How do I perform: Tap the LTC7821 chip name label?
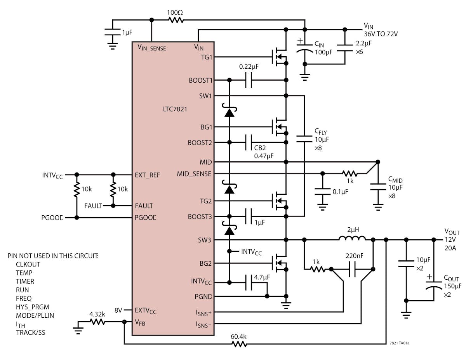[x=175, y=109]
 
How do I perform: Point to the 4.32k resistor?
[x=97, y=322]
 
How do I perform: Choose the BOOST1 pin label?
[x=200, y=80]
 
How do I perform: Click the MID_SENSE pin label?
[x=194, y=174]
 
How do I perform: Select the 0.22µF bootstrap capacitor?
[x=249, y=80]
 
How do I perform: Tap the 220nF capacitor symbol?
[x=352, y=269]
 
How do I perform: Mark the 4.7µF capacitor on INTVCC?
[x=249, y=283]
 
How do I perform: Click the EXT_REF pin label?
[x=147, y=175]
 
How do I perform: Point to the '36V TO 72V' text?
[x=381, y=34]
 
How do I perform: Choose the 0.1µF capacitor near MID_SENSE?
[x=322, y=190]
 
